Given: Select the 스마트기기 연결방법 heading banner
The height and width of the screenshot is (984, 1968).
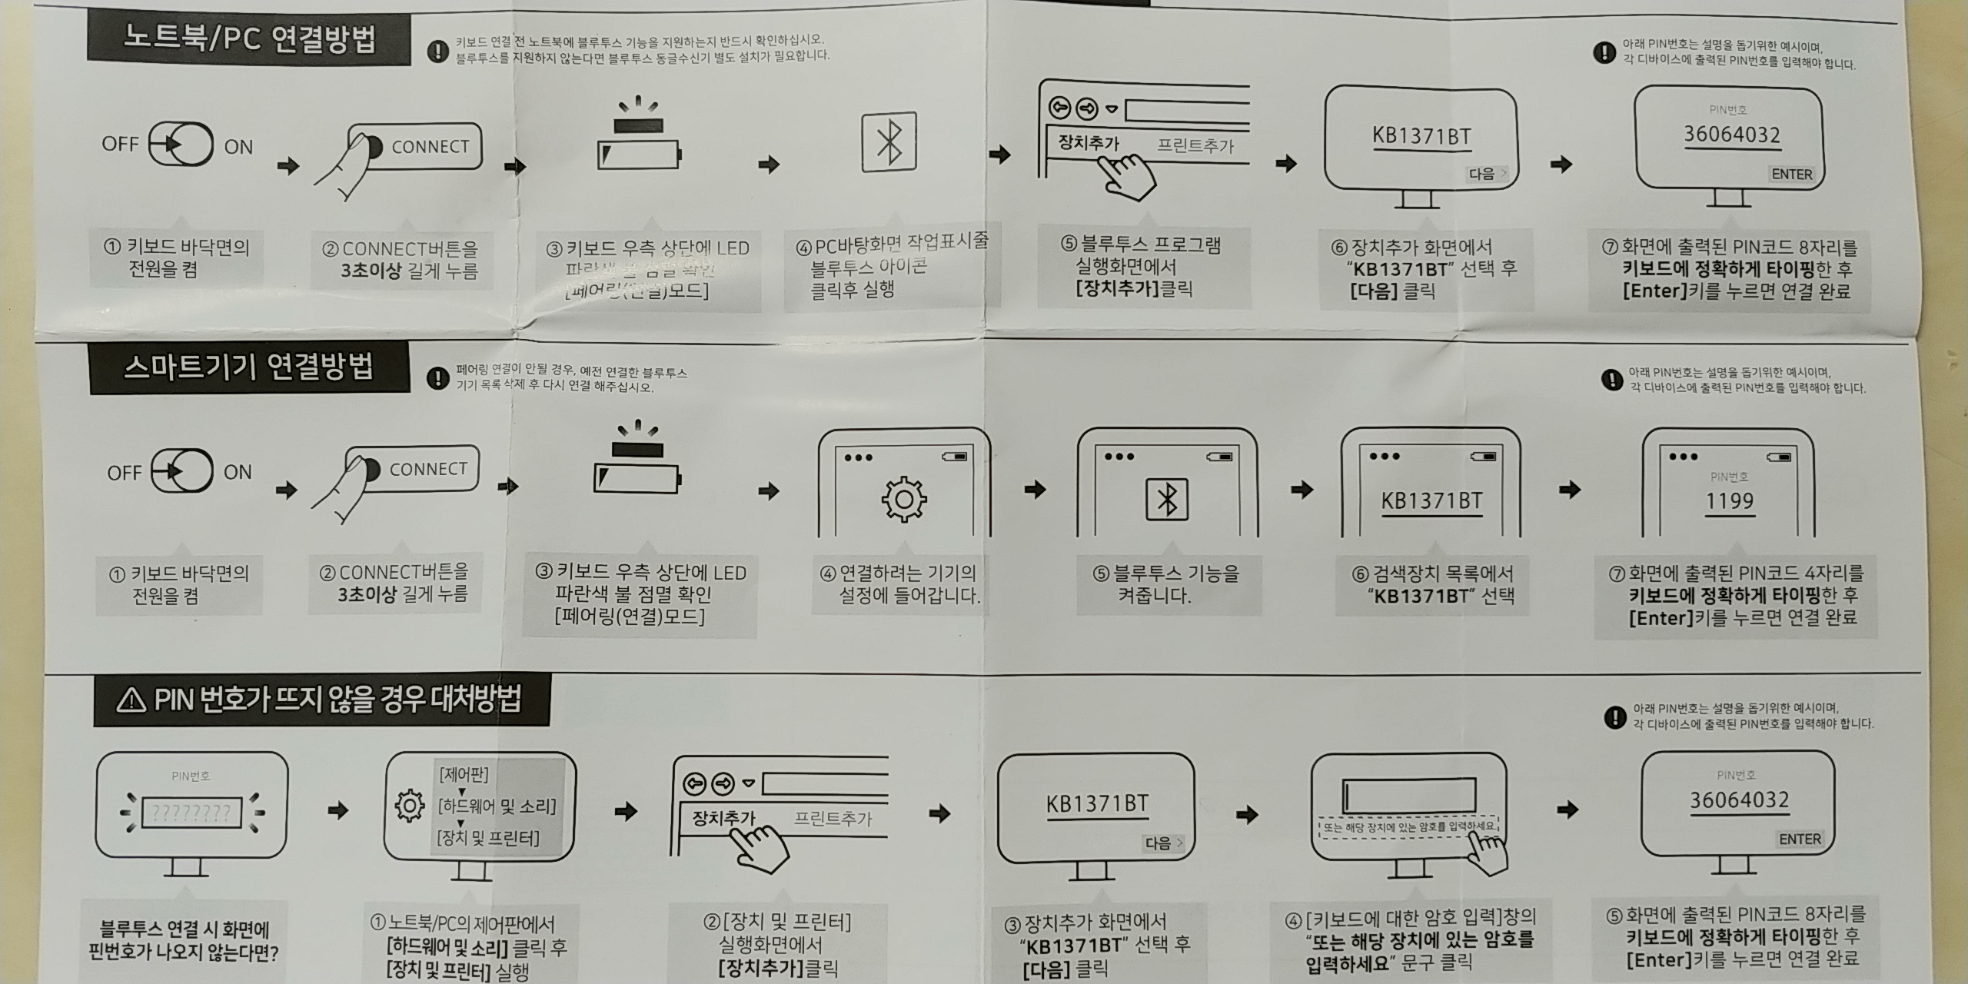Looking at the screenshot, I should coord(248,367).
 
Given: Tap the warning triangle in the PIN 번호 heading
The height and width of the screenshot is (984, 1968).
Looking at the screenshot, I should coord(131,700).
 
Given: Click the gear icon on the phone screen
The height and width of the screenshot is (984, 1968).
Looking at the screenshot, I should coord(904,500).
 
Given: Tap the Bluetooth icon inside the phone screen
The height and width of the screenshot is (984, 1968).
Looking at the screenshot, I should coord(1167,500).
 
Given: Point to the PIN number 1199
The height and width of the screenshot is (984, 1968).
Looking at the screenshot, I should coord(1730,501).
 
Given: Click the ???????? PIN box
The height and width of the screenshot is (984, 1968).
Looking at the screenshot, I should coord(191,812).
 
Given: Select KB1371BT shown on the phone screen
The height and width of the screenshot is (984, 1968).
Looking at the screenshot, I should coord(1431,501).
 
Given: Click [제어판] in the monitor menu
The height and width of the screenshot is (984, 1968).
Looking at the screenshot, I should coord(464,774).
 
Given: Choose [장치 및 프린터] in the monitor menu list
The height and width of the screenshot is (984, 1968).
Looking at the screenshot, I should coord(488,838).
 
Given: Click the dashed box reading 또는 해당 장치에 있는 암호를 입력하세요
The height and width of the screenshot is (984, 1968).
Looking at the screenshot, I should coord(1407,826).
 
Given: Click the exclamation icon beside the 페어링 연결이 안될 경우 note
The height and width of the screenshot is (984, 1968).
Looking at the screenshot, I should coord(437,378).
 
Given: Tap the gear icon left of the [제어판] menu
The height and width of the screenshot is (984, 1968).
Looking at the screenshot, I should coord(409,806).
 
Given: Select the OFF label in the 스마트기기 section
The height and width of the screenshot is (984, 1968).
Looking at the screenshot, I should coord(125,472).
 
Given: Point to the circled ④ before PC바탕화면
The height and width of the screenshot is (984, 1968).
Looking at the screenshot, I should coord(803,247).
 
